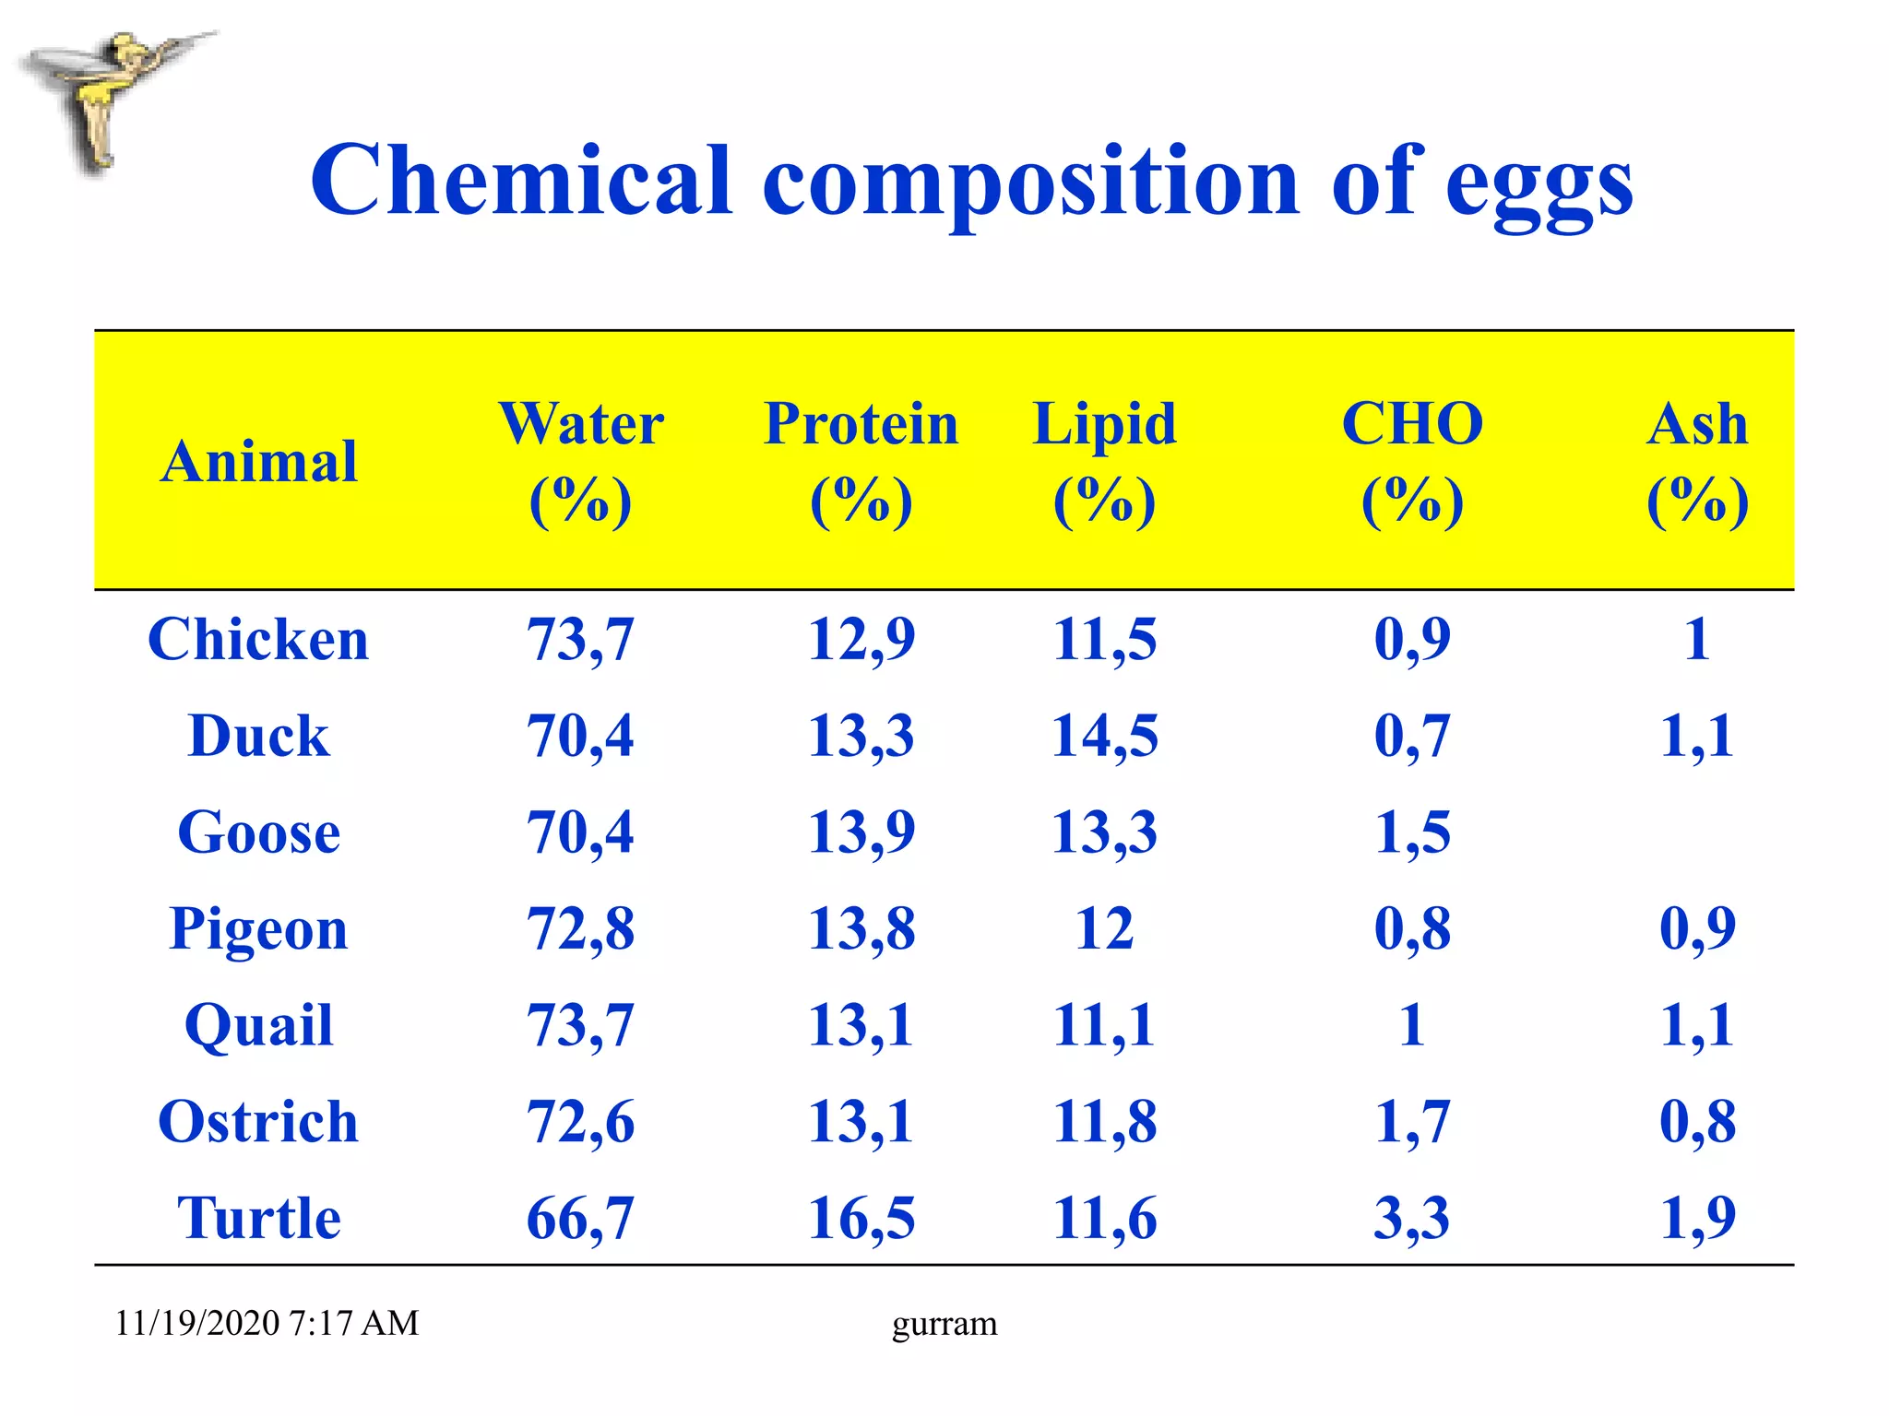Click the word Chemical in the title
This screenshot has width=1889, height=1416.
tap(521, 181)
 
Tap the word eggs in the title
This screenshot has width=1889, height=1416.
tap(1539, 184)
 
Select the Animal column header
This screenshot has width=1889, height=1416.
tap(258, 461)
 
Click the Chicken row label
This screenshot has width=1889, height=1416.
tap(258, 639)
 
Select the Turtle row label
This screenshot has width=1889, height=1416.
tap(258, 1218)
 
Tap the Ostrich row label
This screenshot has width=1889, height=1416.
tap(258, 1122)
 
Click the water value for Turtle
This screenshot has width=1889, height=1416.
tap(580, 1218)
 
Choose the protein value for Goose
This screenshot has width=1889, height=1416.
tap(861, 832)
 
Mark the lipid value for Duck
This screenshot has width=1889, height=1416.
tap(1104, 736)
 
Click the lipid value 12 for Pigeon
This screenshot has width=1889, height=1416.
tap(1104, 928)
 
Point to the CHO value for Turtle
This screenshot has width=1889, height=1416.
tap(1412, 1218)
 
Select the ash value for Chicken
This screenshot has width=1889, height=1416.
tap(1697, 639)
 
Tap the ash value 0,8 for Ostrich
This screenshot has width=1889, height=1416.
tap(1697, 1122)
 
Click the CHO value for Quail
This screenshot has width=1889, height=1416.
tap(1412, 1025)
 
